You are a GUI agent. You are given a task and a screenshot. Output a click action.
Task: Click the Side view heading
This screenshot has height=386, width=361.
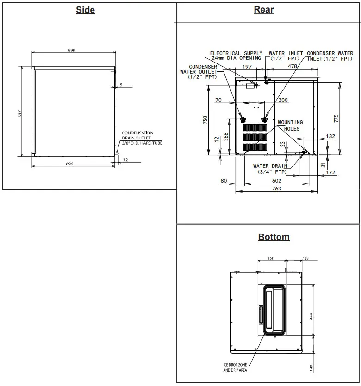(x=85, y=10)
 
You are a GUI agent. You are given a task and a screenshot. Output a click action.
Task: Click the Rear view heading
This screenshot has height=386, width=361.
(x=264, y=10)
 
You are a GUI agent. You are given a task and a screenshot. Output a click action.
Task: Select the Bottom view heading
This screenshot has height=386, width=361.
(x=274, y=237)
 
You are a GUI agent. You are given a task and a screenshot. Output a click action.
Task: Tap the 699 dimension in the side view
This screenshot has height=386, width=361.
(x=72, y=50)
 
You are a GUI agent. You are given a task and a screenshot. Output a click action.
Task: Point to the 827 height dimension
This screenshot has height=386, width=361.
(x=19, y=113)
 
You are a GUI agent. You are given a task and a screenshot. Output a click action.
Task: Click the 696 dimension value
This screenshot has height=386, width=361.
(x=69, y=164)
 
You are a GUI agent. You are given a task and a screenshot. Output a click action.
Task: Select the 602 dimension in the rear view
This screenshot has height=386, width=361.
(x=276, y=181)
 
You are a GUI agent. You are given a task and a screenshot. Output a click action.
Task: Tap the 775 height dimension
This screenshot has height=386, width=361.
(x=336, y=118)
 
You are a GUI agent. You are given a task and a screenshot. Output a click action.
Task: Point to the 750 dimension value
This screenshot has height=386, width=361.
(x=205, y=120)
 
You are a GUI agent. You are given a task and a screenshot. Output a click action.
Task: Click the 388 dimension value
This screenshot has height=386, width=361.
(x=226, y=136)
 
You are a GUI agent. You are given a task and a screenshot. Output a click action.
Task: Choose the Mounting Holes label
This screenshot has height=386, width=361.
(x=289, y=126)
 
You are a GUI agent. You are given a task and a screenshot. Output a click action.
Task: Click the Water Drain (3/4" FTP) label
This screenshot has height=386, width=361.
(x=270, y=169)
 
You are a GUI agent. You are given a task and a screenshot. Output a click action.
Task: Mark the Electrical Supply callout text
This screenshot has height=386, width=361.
(x=236, y=56)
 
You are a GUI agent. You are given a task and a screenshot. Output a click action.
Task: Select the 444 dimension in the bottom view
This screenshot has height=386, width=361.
(x=311, y=316)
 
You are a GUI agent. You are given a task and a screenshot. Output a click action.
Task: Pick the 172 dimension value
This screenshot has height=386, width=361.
(x=330, y=172)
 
